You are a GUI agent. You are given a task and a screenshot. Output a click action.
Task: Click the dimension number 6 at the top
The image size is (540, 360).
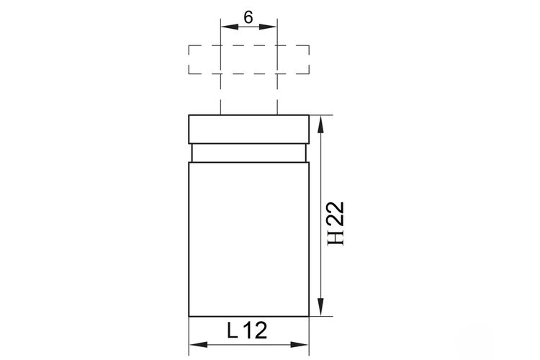pyautogui.click(x=248, y=17)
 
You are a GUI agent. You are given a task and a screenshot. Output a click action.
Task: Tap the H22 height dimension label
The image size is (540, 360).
pyautogui.click(x=336, y=224)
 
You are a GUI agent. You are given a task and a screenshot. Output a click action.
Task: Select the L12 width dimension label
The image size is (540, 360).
pyautogui.click(x=247, y=330)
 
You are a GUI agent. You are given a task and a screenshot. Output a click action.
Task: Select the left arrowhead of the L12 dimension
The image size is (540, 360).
pyautogui.click(x=199, y=344)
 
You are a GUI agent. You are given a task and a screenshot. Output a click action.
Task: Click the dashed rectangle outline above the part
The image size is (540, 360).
pyautogui.click(x=248, y=45)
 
